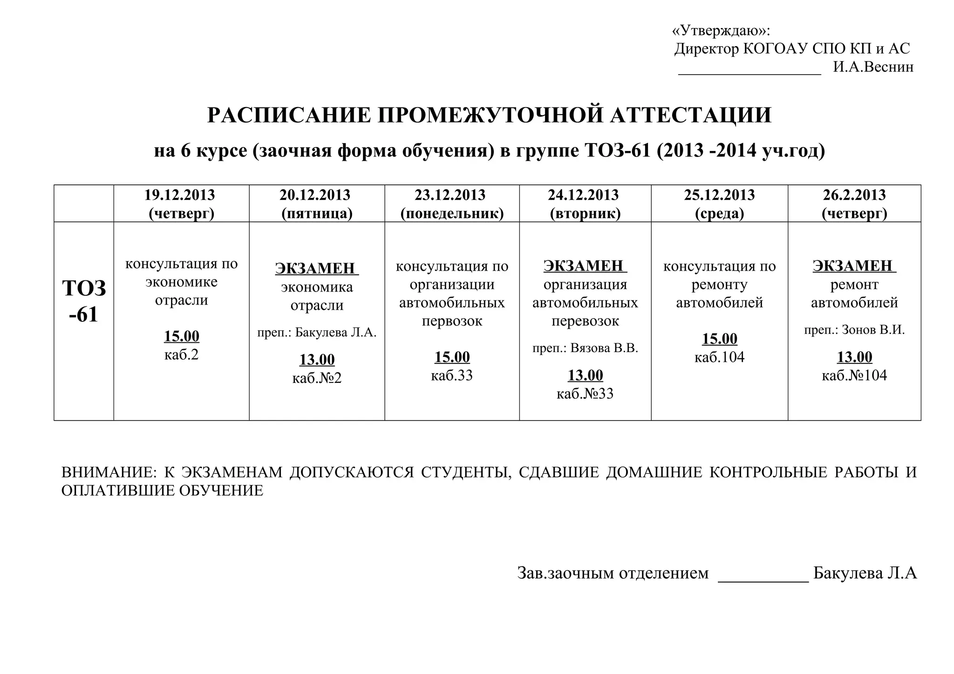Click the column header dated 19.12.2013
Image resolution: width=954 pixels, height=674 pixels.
pos(181,204)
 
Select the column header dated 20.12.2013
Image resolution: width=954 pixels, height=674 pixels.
pos(316,204)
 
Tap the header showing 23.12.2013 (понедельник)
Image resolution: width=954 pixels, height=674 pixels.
pos(452,204)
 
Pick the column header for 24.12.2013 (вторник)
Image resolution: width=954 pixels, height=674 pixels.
pos(585,204)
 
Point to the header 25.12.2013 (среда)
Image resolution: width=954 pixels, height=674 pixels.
pos(719,204)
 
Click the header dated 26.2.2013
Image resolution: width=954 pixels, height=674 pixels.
pos(854,204)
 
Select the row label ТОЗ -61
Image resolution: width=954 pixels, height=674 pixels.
pos(84,301)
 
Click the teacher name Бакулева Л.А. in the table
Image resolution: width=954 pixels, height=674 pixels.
pos(335,333)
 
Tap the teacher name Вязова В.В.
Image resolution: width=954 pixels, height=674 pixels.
pos(604,348)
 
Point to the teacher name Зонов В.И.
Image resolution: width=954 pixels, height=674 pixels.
pos(873,330)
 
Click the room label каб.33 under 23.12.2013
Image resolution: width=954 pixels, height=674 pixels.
pos(452,375)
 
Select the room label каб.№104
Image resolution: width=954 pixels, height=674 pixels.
pos(854,375)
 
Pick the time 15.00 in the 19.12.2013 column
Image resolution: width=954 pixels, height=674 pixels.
pos(181,336)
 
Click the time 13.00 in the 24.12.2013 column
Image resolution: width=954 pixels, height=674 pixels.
pos(585,375)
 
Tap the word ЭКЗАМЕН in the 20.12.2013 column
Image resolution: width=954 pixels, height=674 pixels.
pos(315,268)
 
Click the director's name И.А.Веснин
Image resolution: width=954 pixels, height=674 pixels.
pos(873,67)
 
